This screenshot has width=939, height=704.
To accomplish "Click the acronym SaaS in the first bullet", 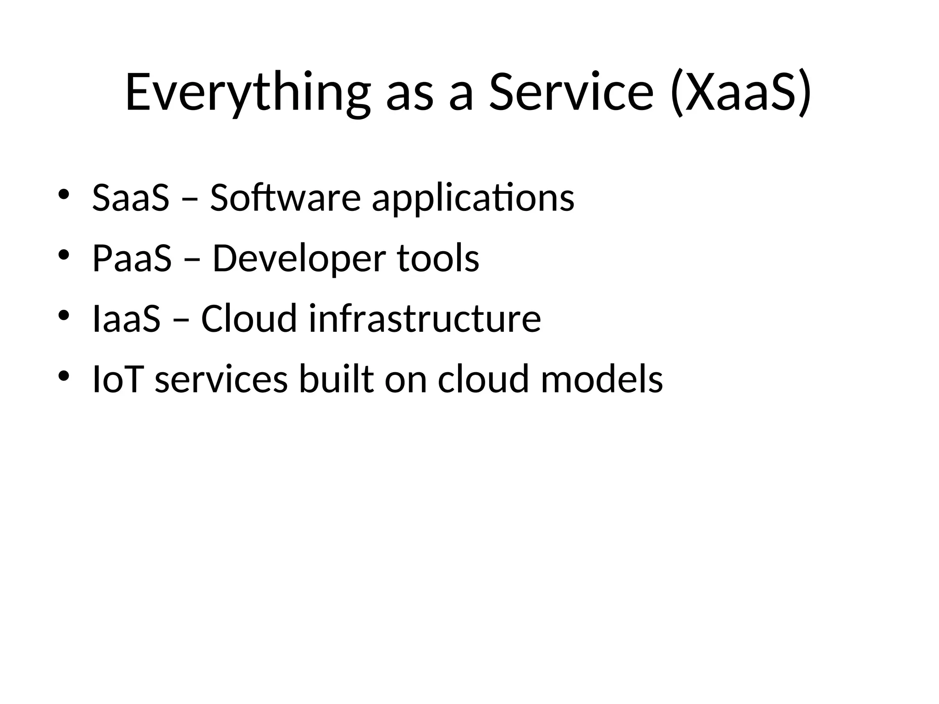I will click(x=131, y=198).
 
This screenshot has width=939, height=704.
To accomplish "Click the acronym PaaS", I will click(x=132, y=258).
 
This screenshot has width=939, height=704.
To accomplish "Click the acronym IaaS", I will click(x=127, y=319).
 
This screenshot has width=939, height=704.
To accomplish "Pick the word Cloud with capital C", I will click(x=249, y=319).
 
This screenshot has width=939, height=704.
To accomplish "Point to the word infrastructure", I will click(x=425, y=319).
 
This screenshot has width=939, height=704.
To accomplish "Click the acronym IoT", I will click(x=116, y=379).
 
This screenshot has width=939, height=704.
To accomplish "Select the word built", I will click(x=336, y=379).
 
